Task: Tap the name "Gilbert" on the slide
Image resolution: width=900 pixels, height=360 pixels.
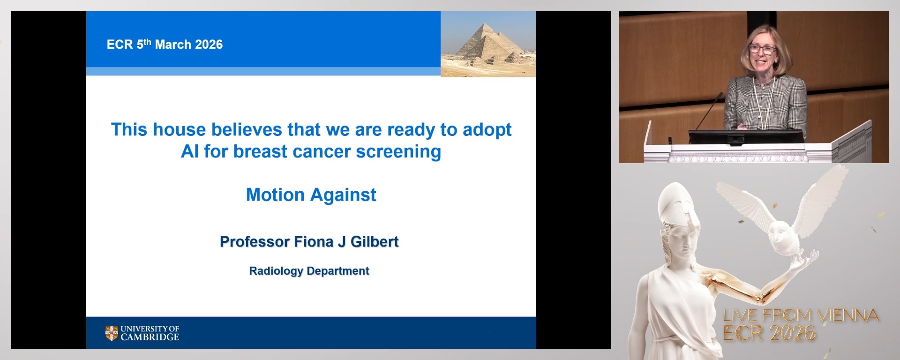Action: click(375, 242)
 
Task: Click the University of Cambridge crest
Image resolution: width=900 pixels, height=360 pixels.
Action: click(112, 333)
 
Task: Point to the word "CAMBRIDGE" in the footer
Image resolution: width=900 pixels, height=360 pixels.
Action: click(150, 337)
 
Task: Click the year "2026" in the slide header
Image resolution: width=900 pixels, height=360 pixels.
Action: click(209, 45)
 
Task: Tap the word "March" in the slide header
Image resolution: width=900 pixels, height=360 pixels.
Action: click(173, 45)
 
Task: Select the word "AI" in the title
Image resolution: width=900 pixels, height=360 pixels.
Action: click(190, 152)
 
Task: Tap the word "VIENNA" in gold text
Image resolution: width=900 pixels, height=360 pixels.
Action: click(848, 315)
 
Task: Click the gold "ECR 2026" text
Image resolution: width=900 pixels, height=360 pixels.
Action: click(769, 333)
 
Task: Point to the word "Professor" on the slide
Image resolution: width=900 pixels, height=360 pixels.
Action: click(255, 242)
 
